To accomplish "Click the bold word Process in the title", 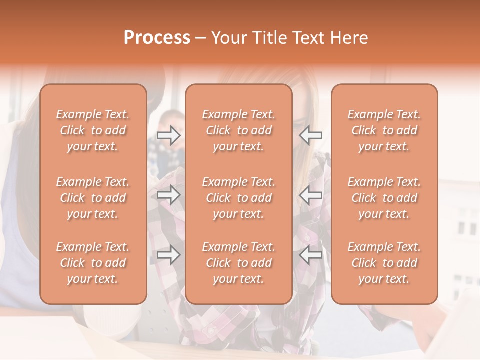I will [x=157, y=38].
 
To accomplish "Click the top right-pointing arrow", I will [x=169, y=135].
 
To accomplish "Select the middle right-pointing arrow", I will [x=169, y=195].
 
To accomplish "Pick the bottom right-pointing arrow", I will [x=169, y=256].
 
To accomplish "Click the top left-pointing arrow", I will [x=311, y=135].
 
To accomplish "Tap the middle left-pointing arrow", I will [x=311, y=195].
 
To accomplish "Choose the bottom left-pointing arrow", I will [x=311, y=256].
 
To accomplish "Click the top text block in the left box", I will [x=93, y=130].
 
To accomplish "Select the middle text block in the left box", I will [x=93, y=198].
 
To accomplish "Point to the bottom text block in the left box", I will [x=93, y=263].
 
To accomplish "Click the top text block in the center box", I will [x=239, y=130].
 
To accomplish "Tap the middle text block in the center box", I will [x=239, y=198].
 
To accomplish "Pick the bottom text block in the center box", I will [x=239, y=263].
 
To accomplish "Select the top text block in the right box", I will [x=384, y=130].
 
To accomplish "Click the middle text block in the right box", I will [x=384, y=198].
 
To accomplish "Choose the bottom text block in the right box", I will [x=384, y=263].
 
